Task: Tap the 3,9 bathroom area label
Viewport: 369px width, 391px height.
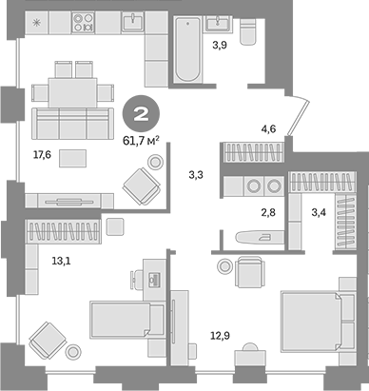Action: point(220,45)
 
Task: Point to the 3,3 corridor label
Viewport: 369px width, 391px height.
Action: point(196,174)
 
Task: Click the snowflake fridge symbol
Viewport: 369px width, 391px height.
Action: point(36,20)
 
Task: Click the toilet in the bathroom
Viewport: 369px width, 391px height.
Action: point(248,32)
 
